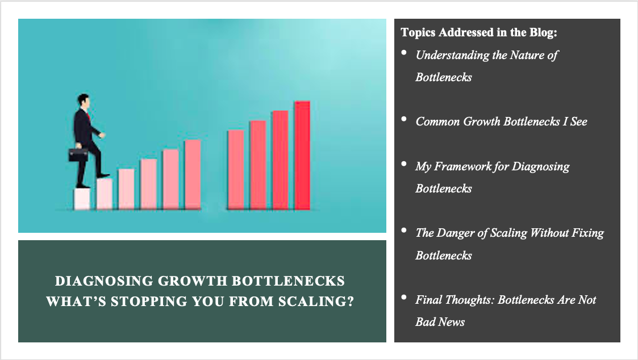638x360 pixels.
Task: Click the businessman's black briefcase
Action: tap(78, 154)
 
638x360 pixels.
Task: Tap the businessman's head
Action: tap(83, 101)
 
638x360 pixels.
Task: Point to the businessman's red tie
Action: tap(88, 117)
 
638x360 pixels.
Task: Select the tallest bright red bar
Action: tap(302, 156)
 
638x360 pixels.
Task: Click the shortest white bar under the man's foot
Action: tap(82, 199)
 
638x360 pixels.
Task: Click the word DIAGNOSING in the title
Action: tap(104, 281)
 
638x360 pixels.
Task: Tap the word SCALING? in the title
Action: tap(316, 302)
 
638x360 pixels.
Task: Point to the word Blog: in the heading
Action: tap(543, 32)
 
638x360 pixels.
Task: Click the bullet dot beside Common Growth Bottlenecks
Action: tap(404, 119)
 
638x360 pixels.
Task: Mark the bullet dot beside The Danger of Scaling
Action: tap(404, 230)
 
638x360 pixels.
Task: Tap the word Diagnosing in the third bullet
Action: tap(540, 167)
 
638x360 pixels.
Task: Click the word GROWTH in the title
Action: tap(193, 281)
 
